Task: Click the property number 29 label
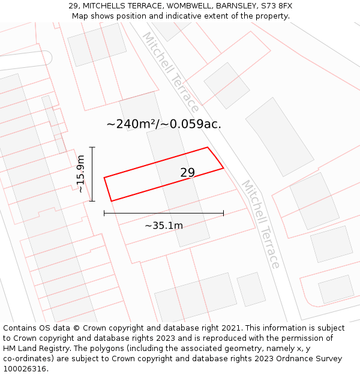[x=188, y=173]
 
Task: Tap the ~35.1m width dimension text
[x=164, y=226]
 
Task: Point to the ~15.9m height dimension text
[x=80, y=174]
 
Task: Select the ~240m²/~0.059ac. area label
[x=164, y=124]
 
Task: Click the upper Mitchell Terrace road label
[x=170, y=72]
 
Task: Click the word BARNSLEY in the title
[x=233, y=6]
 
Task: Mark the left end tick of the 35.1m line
[x=104, y=212]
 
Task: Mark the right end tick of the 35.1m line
[x=223, y=212]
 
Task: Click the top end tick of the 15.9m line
[x=92, y=147]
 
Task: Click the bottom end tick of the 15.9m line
[x=92, y=201]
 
